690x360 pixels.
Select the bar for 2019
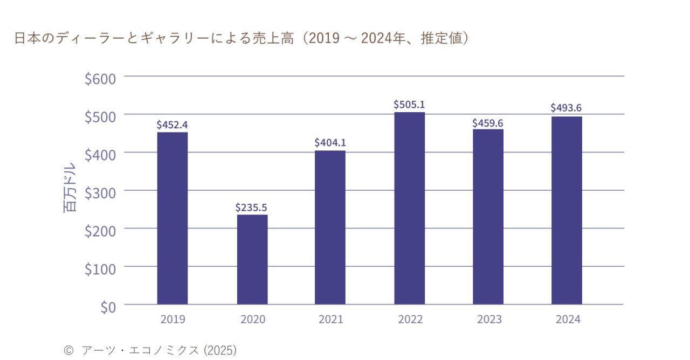click(x=172, y=218)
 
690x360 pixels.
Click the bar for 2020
click(x=252, y=259)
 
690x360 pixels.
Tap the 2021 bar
click(x=330, y=227)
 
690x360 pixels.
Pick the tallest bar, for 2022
click(x=409, y=208)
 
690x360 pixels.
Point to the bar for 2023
click(x=488, y=217)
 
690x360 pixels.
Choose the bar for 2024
click(x=567, y=210)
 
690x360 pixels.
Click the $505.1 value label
click(x=409, y=104)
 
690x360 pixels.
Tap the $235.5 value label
click(x=251, y=207)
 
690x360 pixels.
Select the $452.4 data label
click(x=172, y=124)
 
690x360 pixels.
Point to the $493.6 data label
click(x=566, y=108)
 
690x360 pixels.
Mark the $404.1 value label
click(x=330, y=143)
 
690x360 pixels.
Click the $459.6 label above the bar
click(x=488, y=123)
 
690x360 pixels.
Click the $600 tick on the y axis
click(x=100, y=79)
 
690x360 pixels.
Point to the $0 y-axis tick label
click(x=108, y=307)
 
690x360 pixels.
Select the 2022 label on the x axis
click(x=410, y=319)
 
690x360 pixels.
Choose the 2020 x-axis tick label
click(x=252, y=319)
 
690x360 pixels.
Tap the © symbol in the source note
click(x=68, y=350)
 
